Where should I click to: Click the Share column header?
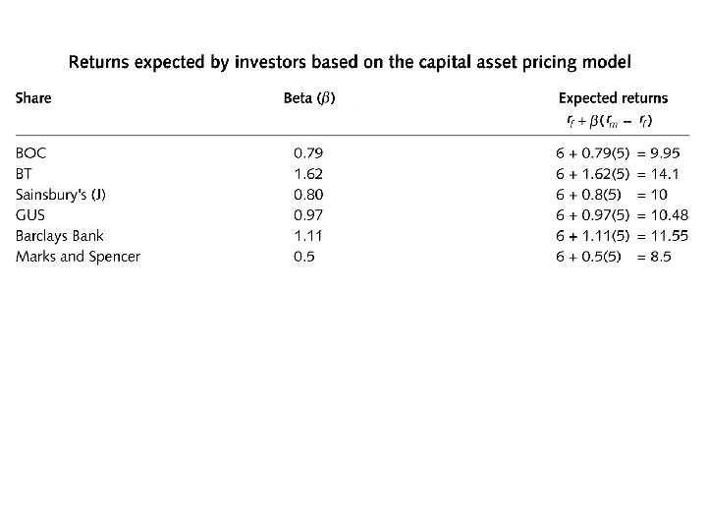click(33, 98)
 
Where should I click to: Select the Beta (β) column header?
click(309, 98)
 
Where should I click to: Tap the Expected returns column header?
click(613, 98)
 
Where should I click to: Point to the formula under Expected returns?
click(610, 121)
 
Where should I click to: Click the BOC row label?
click(30, 153)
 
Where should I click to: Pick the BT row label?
click(24, 174)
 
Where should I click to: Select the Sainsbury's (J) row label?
click(61, 195)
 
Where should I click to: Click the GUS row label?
click(30, 215)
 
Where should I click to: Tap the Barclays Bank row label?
click(60, 236)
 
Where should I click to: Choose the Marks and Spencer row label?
click(78, 257)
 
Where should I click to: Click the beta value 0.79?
click(308, 153)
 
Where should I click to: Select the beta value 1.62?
click(308, 174)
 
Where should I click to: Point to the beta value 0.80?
click(308, 195)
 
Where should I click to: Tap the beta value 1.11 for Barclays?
click(308, 236)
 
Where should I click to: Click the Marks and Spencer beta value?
click(304, 257)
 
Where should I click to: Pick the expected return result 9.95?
click(665, 153)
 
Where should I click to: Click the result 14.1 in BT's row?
click(665, 174)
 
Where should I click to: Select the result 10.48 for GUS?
click(670, 215)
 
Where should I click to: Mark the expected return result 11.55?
click(670, 236)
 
